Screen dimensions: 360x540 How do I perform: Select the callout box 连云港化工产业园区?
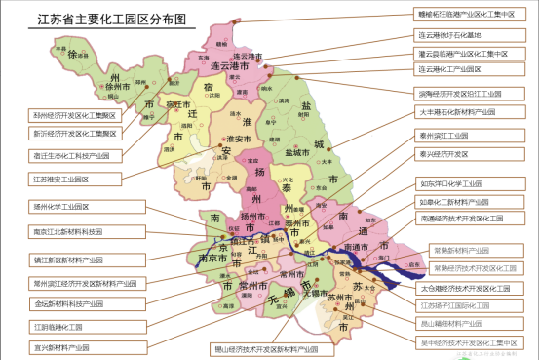(463, 70)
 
